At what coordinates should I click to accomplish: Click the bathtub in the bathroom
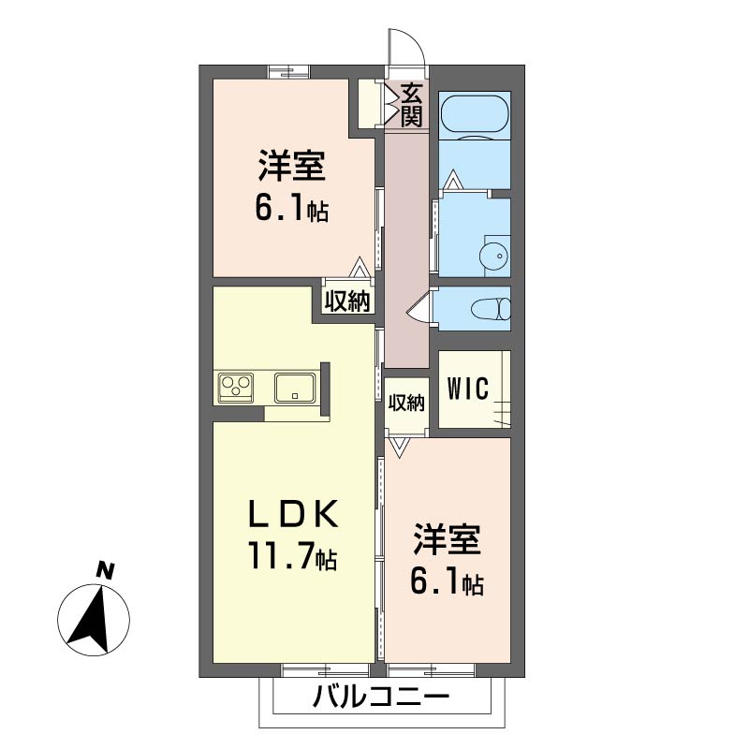(476, 115)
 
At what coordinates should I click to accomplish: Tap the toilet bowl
(491, 308)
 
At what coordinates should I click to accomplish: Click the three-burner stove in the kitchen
(236, 386)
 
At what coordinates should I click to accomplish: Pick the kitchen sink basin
(295, 387)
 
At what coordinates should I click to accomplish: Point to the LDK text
(293, 513)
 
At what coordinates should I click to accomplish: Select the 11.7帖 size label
(292, 556)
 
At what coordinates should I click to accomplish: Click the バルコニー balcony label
(381, 698)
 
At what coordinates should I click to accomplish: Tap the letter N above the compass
(105, 571)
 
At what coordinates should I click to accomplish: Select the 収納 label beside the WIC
(406, 403)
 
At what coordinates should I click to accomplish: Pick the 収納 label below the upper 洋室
(347, 301)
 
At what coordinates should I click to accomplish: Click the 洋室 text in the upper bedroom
(292, 166)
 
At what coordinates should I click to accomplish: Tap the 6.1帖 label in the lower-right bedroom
(447, 581)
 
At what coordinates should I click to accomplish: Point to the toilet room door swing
(419, 310)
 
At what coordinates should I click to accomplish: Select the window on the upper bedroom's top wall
(289, 72)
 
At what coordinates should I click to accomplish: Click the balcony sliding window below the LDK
(326, 670)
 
